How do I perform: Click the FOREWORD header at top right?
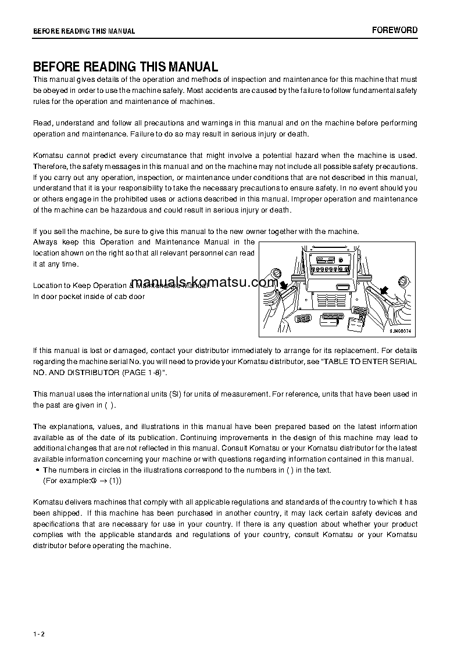[x=395, y=30]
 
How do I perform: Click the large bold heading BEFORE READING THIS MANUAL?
[x=126, y=67]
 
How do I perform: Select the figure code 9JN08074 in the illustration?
[x=401, y=331]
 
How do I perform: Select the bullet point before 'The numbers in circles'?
[x=37, y=470]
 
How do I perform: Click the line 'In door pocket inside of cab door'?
[x=88, y=296]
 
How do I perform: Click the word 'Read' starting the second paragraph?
[x=42, y=123]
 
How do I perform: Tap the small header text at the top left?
[x=84, y=31]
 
